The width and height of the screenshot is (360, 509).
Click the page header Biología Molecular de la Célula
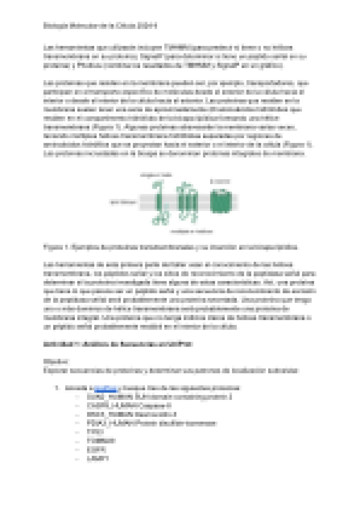click(100, 26)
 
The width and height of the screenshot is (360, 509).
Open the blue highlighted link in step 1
click(105, 388)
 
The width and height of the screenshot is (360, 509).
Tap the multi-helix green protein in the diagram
click(187, 202)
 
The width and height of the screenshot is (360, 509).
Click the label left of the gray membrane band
click(123, 202)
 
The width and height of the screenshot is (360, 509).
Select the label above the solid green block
click(220, 181)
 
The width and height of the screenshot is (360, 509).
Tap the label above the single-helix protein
click(156, 175)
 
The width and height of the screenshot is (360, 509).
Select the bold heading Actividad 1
click(118, 344)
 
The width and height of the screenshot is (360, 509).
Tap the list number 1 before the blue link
click(57, 388)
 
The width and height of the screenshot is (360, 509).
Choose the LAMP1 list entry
click(98, 459)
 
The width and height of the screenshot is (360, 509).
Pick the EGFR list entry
click(96, 450)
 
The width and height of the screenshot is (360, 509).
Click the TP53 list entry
click(95, 432)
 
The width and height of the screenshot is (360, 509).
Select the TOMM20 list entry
click(101, 441)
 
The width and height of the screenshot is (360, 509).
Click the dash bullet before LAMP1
click(79, 459)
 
